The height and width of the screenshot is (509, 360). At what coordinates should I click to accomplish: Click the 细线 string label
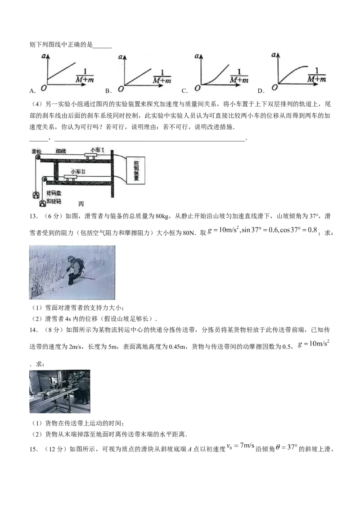(x=61, y=152)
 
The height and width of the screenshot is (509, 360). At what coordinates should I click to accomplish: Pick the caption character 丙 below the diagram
(x=81, y=204)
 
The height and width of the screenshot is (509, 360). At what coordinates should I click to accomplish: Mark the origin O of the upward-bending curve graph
(x=194, y=89)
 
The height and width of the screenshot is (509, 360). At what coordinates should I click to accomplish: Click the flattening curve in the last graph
(x=292, y=72)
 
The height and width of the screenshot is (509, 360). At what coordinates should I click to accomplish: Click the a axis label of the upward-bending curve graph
(x=197, y=56)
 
